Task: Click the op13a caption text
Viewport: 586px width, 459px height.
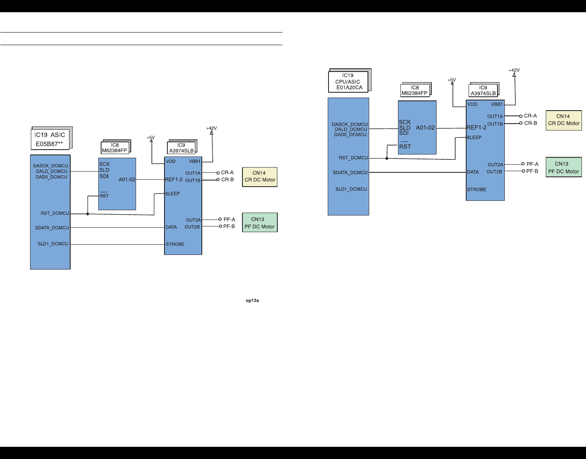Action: (x=252, y=300)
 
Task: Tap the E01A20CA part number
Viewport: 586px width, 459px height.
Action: (x=349, y=87)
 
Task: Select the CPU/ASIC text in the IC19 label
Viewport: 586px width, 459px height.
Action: (x=348, y=81)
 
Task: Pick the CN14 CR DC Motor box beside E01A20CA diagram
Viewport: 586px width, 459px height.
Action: (x=564, y=120)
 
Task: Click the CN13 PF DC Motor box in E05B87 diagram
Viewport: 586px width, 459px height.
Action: (x=259, y=223)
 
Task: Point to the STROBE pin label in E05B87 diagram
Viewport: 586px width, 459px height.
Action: (x=175, y=244)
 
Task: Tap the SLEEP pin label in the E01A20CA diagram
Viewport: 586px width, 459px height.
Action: (x=474, y=137)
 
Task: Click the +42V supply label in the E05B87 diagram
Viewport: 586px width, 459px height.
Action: (x=212, y=128)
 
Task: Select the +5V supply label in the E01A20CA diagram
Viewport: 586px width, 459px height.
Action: (x=452, y=80)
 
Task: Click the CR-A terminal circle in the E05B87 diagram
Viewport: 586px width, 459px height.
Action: (x=218, y=173)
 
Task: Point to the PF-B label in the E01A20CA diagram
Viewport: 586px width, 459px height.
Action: (x=532, y=171)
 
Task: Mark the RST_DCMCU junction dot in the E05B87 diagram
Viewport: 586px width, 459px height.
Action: (x=88, y=214)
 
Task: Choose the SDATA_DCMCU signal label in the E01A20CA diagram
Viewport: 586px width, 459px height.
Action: (x=350, y=173)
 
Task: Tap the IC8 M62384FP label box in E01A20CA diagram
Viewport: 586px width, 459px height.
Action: (x=415, y=90)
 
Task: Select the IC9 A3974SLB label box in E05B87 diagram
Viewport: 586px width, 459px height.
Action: (x=182, y=148)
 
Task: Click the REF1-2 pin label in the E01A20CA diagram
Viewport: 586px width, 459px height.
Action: (x=476, y=127)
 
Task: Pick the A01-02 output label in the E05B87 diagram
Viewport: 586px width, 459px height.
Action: (x=127, y=179)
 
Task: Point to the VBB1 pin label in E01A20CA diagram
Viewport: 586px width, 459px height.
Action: (x=497, y=104)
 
